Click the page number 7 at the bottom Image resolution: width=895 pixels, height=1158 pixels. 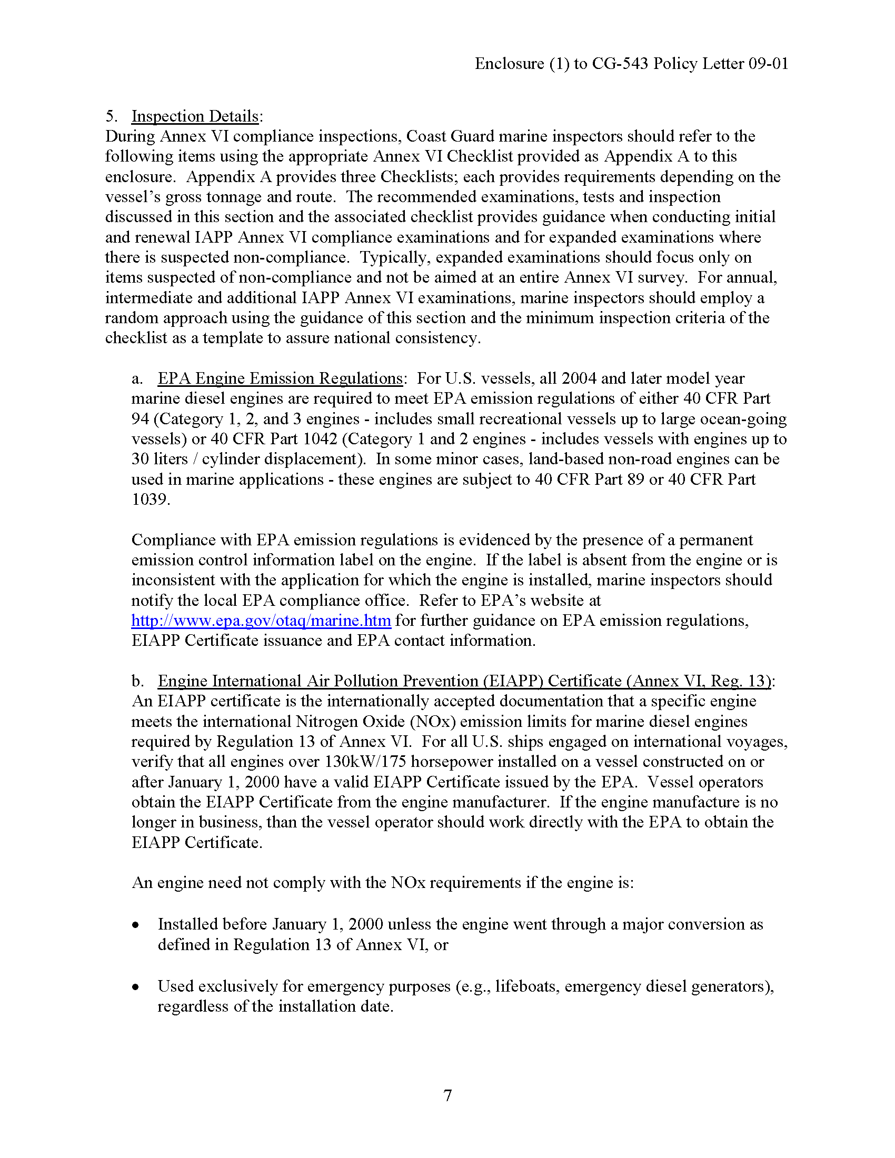447,1095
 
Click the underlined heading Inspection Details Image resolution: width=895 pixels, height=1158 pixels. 195,116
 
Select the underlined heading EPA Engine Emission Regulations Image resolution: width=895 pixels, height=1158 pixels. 280,378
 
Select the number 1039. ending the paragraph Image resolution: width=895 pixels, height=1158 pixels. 151,499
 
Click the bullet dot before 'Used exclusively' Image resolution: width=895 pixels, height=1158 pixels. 136,987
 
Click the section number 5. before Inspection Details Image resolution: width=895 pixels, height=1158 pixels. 111,116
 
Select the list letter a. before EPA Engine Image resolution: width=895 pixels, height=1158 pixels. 137,378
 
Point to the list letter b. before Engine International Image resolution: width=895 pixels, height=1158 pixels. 137,681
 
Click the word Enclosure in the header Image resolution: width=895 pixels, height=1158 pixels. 509,64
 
